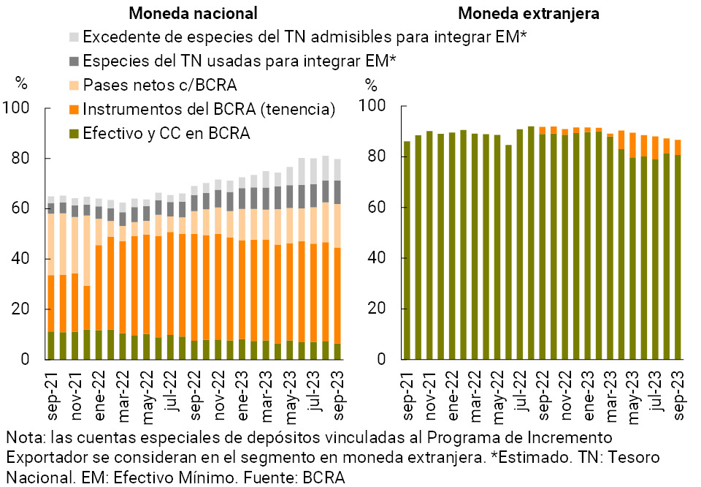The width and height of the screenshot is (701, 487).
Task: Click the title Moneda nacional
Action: (x=193, y=13)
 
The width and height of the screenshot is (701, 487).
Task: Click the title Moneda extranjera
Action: (x=529, y=13)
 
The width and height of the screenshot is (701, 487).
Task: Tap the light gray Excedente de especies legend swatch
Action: (x=73, y=37)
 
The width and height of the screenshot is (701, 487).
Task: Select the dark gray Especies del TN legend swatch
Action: (x=73, y=61)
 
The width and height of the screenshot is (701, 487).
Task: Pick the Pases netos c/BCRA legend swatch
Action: (x=73, y=85)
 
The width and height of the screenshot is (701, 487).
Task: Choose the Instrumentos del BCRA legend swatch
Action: (x=73, y=110)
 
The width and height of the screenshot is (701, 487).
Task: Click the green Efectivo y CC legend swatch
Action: (x=73, y=134)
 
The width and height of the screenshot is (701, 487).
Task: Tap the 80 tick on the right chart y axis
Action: (x=377, y=157)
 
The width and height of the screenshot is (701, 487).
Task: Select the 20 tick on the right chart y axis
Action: (x=377, y=309)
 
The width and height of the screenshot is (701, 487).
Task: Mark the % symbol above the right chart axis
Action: (x=372, y=84)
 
